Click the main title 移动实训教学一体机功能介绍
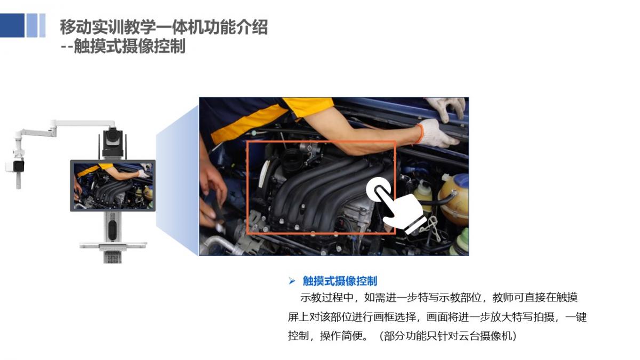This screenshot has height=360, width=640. pyautogui.click(x=164, y=27)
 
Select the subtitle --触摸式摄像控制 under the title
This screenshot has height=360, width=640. pyautogui.click(x=123, y=46)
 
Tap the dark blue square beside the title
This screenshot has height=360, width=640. pyautogui.click(x=12, y=26)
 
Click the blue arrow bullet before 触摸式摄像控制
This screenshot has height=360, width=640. pyautogui.click(x=292, y=281)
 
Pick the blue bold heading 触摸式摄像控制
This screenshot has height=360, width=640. pyautogui.click(x=340, y=281)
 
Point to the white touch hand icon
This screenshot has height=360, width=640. pyautogui.click(x=396, y=206)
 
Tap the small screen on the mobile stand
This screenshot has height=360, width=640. pyautogui.click(x=113, y=186)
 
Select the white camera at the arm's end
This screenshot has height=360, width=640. pyautogui.click(x=15, y=166)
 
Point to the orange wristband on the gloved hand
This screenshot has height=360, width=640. pyautogui.click(x=420, y=134)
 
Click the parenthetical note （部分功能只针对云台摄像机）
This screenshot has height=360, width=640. pyautogui.click(x=447, y=335)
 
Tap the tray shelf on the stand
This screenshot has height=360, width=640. pyautogui.click(x=113, y=246)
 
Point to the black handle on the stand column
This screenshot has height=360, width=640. pyautogui.click(x=113, y=230)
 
